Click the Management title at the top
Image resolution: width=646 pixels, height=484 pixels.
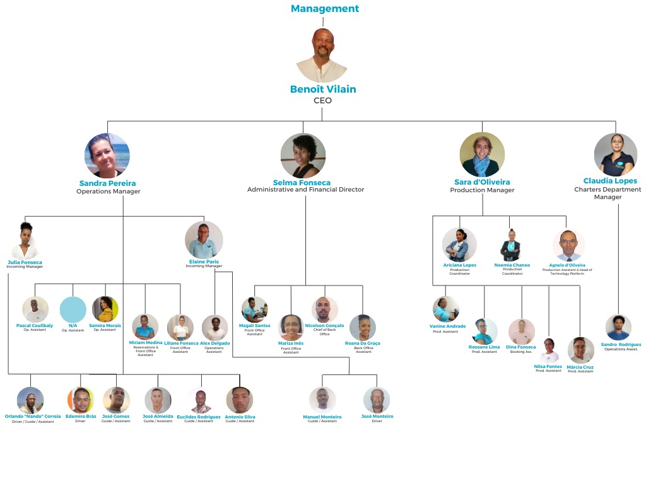324,9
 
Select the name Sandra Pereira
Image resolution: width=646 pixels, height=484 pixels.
107,183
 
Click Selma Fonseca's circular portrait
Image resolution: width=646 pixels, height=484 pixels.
303,156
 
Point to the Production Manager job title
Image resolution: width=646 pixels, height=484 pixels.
482,190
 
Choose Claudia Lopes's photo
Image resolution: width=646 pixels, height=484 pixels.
615,154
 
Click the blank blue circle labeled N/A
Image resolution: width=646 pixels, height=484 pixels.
73,309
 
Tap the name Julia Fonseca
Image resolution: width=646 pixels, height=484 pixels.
25,262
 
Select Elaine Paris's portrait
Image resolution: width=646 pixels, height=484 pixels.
204,240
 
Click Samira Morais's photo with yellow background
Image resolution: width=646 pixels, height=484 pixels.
105,309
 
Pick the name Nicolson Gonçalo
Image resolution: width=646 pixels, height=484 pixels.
324,325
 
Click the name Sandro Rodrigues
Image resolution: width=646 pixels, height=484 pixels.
621,345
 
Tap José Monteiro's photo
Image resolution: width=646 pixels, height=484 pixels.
377,400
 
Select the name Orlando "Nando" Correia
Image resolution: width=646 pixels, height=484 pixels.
33,417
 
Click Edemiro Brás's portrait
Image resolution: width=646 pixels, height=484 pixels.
80,400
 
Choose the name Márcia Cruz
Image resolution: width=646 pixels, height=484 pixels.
580,367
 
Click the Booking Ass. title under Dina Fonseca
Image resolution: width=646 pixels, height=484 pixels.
521,352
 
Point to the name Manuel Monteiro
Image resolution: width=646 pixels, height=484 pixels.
322,417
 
